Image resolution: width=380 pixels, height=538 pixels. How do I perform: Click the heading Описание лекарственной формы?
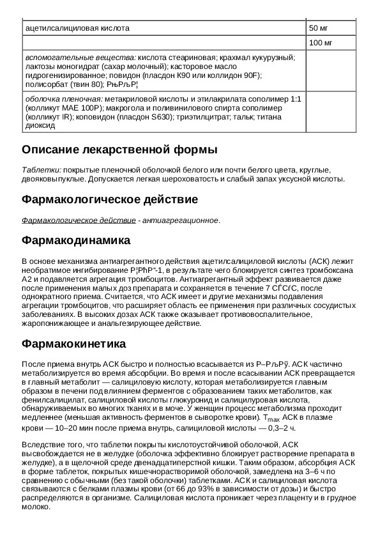coord(119,150)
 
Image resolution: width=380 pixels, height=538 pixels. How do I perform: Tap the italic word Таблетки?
coord(42,170)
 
